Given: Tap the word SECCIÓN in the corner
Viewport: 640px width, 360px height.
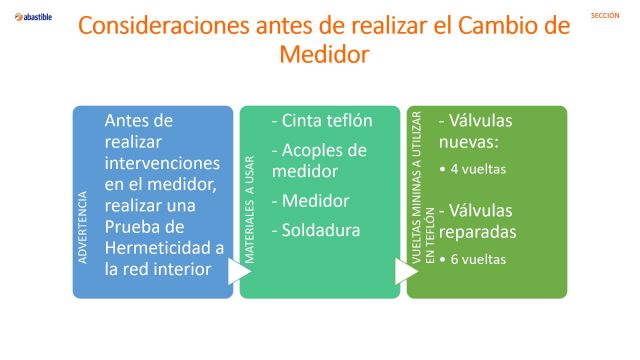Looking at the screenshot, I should (606, 16).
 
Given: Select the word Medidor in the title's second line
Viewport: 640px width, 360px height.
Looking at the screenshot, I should (323, 55).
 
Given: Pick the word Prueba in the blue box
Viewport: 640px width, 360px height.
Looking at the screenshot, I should (134, 227).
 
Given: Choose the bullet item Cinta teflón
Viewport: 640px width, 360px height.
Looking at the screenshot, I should (322, 121).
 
